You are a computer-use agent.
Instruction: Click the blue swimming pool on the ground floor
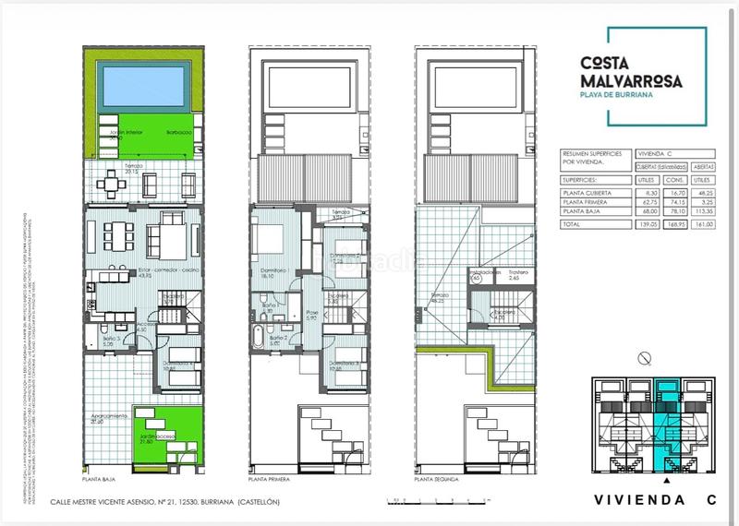(142, 87)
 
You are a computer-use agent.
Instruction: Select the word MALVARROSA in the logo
(631, 80)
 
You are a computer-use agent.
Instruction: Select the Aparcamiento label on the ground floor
(108, 417)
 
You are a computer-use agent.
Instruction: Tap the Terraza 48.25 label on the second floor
(436, 297)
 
